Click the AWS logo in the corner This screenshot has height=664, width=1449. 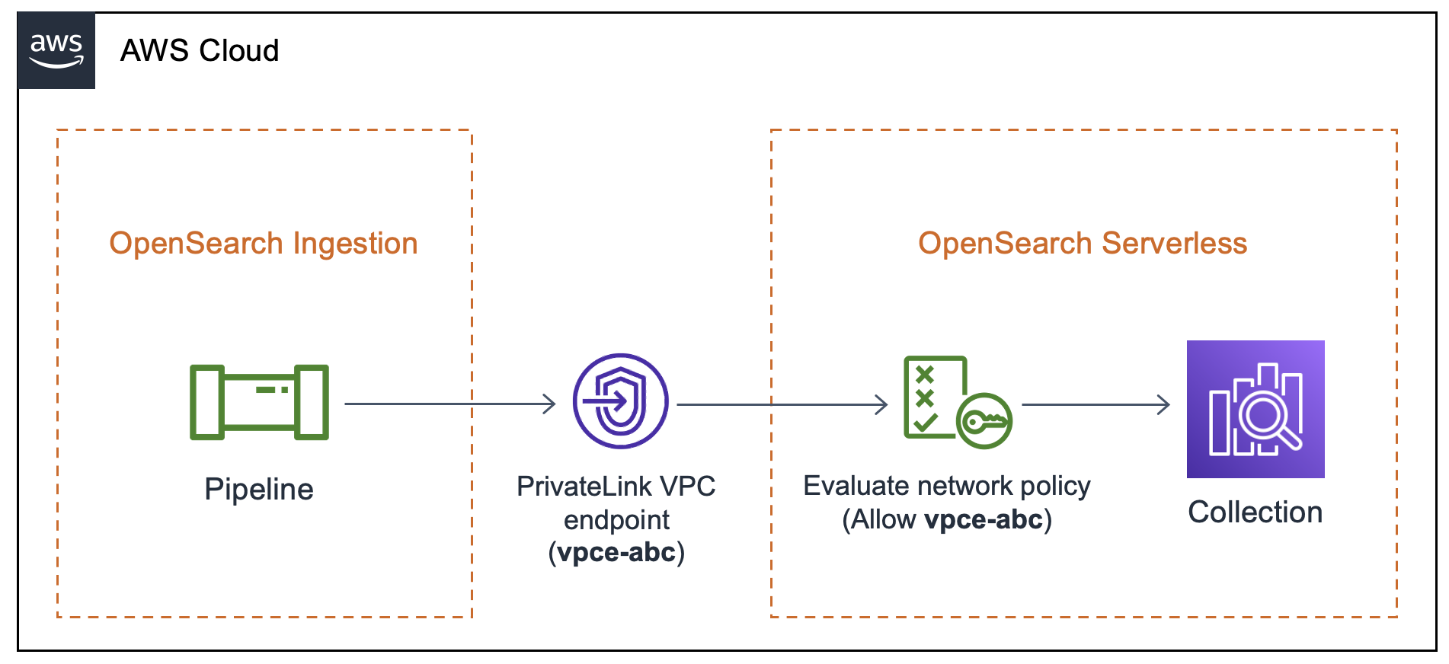click(56, 50)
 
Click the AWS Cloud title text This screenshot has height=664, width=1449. click(200, 51)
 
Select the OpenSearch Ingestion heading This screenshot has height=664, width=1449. click(263, 244)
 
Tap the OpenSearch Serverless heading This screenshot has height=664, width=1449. click(1082, 244)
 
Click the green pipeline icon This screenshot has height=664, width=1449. click(259, 402)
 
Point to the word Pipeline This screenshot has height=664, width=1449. click(259, 489)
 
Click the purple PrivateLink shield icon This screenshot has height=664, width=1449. click(620, 401)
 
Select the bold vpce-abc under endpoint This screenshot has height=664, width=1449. click(616, 552)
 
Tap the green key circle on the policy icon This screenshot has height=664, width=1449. click(984, 420)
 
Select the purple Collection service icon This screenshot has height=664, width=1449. click(1255, 409)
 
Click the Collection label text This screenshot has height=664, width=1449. click(1255, 512)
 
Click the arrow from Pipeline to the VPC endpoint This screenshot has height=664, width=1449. click(449, 404)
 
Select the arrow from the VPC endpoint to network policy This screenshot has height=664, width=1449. click(781, 404)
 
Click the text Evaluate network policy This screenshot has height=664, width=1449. click(946, 486)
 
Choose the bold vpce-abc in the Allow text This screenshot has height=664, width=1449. click(983, 520)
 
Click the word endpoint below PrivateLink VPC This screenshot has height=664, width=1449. click(616, 520)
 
